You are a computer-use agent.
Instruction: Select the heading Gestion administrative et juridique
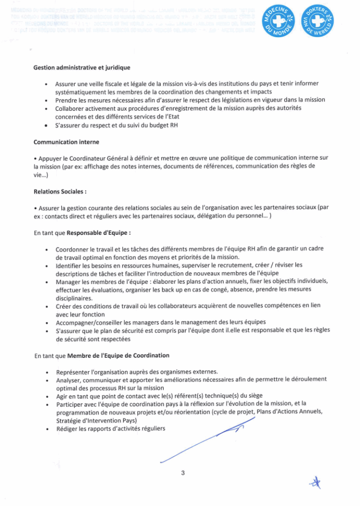(82, 67)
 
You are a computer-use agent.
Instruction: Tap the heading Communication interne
(66, 142)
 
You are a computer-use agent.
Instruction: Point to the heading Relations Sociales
(60, 191)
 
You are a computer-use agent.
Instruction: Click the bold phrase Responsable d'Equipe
(99, 232)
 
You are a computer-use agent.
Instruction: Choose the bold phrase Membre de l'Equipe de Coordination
(118, 355)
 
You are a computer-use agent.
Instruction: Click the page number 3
(183, 473)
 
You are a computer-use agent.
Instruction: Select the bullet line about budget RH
(116, 125)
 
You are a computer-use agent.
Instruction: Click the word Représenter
(73, 372)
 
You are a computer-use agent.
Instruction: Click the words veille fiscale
(105, 84)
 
